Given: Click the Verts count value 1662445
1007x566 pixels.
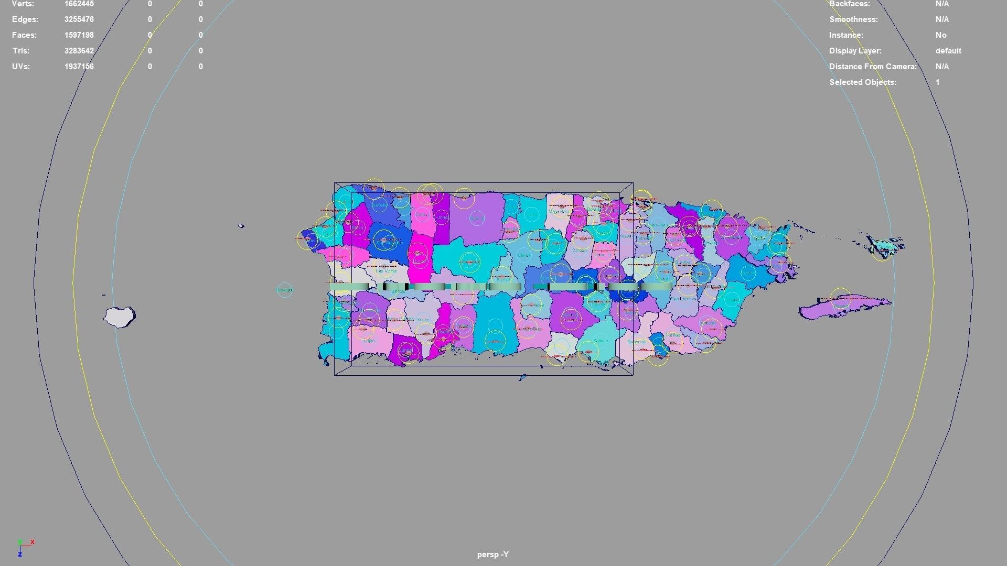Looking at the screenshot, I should click(x=79, y=4).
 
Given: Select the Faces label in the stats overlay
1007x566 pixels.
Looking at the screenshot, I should click(x=24, y=35).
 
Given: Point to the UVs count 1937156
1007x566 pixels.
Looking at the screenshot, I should click(x=79, y=67).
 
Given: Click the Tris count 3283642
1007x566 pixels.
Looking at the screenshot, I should click(x=79, y=51).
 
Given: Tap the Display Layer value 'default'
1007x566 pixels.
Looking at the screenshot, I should click(x=948, y=51).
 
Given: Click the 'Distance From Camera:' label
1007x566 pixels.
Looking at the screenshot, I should click(x=872, y=67).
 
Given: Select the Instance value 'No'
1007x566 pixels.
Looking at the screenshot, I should click(x=940, y=35).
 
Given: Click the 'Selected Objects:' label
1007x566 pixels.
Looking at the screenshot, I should click(x=862, y=82).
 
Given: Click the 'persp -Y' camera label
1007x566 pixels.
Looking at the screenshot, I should click(x=492, y=554).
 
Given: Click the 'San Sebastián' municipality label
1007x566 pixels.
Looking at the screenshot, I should click(x=389, y=242).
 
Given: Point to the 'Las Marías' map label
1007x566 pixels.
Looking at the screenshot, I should click(x=387, y=271).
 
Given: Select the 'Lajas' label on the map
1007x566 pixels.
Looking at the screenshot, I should click(x=369, y=341).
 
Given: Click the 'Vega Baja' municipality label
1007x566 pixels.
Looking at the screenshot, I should click(x=558, y=212).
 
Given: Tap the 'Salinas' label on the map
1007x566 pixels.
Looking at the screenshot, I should click(x=600, y=341).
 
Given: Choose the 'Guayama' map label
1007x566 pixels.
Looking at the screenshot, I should click(x=636, y=342).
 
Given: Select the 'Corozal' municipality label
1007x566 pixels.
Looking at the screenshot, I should click(x=579, y=251).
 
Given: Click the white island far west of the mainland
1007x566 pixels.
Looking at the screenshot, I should click(x=119, y=317).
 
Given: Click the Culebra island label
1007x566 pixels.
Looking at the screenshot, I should click(x=885, y=245).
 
